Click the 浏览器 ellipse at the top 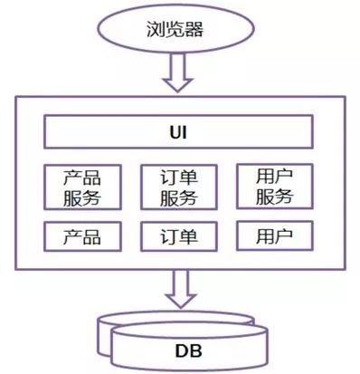click(x=180, y=30)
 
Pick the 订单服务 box click(x=179, y=187)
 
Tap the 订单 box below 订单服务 click(x=179, y=236)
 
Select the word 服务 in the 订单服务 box click(x=179, y=197)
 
